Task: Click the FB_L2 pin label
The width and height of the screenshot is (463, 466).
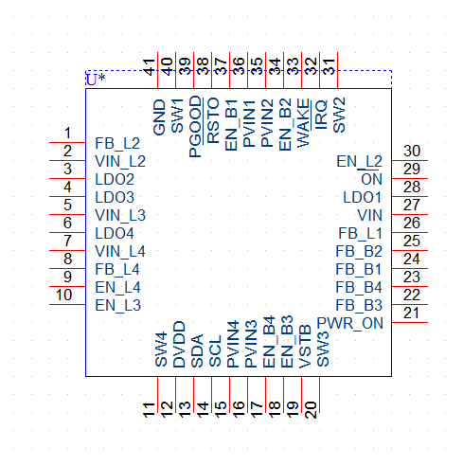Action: (117, 143)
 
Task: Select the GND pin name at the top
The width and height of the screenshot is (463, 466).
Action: (159, 117)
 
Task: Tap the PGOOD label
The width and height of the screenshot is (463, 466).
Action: (195, 127)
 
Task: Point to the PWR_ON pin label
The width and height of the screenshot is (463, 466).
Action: (349, 323)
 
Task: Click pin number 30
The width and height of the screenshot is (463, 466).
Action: (412, 151)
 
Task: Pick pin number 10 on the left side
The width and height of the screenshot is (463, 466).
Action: (64, 295)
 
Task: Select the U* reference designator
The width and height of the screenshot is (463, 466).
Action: (96, 80)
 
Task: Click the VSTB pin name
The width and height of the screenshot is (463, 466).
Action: (305, 347)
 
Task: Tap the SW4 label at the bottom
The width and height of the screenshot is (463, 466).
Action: (161, 349)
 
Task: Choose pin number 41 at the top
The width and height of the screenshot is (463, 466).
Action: (149, 67)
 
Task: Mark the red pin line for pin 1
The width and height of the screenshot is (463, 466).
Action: (67, 142)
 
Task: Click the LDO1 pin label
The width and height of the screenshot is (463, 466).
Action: (363, 197)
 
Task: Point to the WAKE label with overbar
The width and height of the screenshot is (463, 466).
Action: (303, 123)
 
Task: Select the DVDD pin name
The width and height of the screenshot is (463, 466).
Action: (179, 344)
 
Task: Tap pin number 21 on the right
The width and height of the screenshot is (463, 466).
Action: (411, 313)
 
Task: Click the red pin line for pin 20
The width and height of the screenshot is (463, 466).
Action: (320, 395)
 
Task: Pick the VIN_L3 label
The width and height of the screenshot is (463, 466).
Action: (120, 215)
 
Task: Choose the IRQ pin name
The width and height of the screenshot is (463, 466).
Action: (321, 115)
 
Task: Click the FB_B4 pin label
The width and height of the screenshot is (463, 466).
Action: (359, 287)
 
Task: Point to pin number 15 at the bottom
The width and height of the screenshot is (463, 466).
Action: (221, 409)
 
